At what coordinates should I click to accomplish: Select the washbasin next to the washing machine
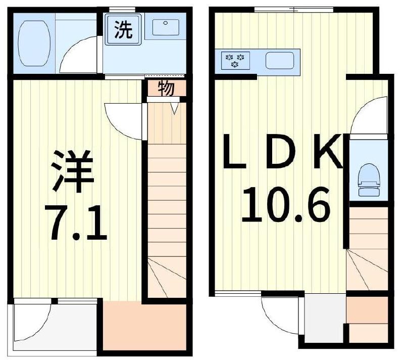click(x=165, y=28)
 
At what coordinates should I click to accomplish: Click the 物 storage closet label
click(x=166, y=88)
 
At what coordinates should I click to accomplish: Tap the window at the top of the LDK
click(x=293, y=9)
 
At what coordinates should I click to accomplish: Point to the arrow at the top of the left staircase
click(x=176, y=108)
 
